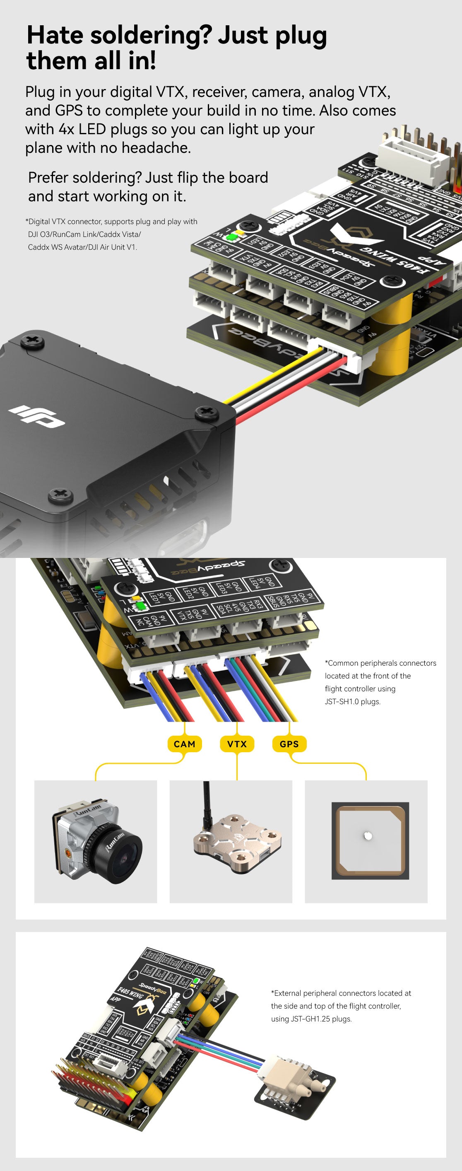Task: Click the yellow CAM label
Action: point(185,744)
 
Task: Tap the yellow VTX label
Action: point(237,744)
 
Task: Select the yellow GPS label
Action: point(289,744)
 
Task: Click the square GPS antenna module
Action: point(370,840)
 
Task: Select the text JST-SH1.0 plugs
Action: point(353,701)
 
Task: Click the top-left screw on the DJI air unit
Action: point(32,340)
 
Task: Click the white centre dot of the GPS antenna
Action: point(368,835)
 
